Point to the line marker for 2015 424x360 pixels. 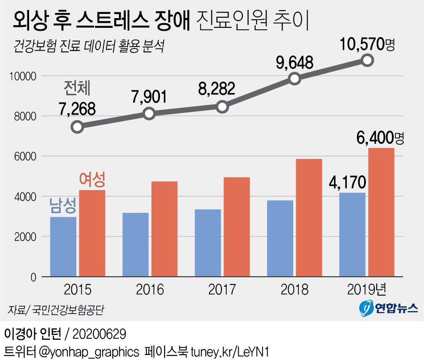77,127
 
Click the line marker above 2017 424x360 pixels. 222,107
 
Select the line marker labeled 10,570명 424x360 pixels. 367,60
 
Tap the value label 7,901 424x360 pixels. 149,97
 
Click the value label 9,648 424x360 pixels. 295,63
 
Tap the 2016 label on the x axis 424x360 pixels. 150,290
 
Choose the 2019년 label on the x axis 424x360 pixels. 367,290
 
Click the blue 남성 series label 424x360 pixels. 63,206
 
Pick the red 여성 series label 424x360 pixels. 92,180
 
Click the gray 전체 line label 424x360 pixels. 78,88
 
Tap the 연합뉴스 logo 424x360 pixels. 389,309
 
